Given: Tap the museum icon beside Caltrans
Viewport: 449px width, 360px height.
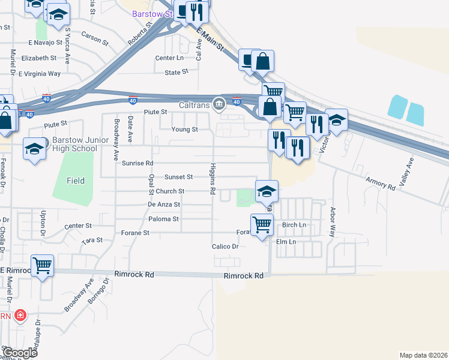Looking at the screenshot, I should coord(219,104).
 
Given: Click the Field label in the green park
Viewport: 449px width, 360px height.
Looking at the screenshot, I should coord(76,180).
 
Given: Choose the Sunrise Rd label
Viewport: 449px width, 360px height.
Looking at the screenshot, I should coord(137,163).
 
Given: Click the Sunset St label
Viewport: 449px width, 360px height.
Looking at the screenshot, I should coord(179,177).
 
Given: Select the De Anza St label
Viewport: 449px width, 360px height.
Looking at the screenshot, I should coord(164,205).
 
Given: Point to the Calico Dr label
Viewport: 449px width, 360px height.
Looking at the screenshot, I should coord(225,247).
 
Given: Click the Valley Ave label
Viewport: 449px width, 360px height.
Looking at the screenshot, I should coord(411,170).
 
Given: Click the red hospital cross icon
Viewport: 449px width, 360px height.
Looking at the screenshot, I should coord(20,315).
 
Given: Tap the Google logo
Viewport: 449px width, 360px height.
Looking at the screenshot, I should coord(20,352).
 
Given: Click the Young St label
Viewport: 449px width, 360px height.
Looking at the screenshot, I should coord(185,129).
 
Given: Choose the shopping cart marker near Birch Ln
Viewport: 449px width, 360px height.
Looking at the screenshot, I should coord(262,225).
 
